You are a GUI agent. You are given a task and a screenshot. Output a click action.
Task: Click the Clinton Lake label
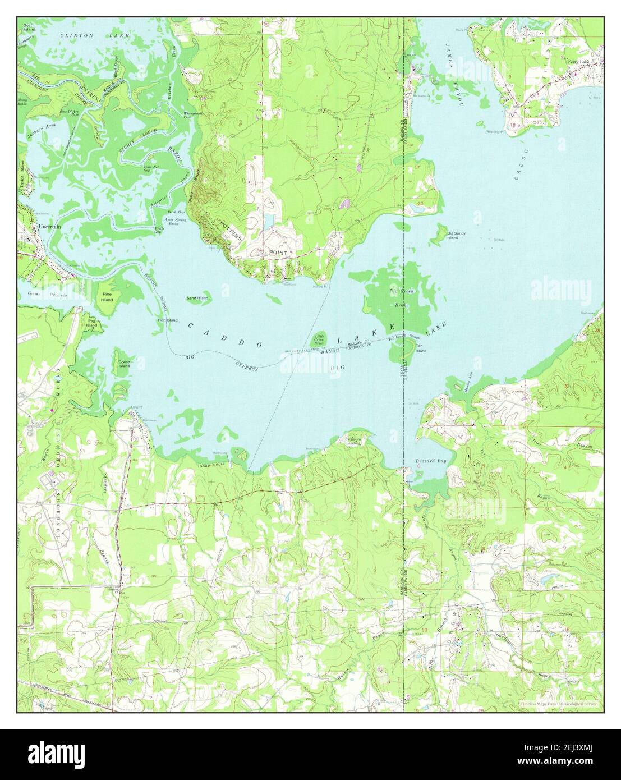pos(95,35)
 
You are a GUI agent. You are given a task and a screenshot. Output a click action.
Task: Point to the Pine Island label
pos(107,296)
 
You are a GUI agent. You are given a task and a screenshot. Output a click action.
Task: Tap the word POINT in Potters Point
pos(278,253)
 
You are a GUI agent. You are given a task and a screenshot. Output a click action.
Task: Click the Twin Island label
pos(167,320)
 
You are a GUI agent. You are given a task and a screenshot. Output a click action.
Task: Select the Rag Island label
pos(91,323)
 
